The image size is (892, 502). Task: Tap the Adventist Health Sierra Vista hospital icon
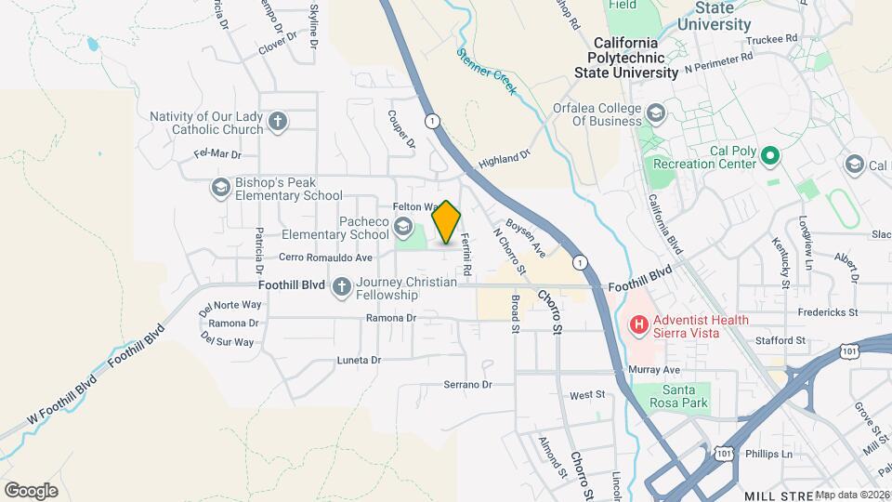(x=639, y=325)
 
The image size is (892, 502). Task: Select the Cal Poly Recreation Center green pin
(x=769, y=157)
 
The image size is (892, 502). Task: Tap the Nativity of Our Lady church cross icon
(x=277, y=122)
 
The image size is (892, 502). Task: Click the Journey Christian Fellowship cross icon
(x=342, y=287)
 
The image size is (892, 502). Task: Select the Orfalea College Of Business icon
(x=656, y=113)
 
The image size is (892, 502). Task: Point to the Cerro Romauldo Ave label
(x=326, y=258)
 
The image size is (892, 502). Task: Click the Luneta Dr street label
(x=360, y=359)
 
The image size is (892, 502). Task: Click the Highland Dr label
(x=504, y=161)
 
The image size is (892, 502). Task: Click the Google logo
(x=31, y=490)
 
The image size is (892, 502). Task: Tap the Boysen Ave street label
(x=525, y=238)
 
